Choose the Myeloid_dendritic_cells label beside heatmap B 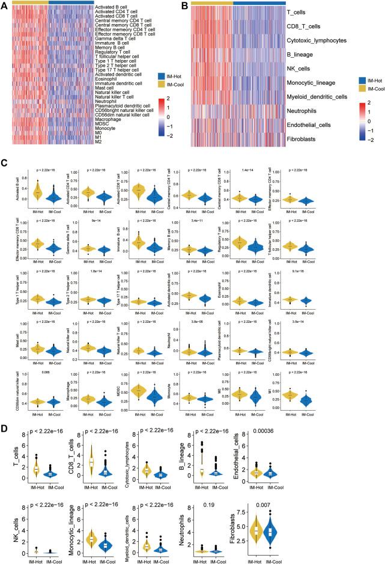(338, 96)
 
